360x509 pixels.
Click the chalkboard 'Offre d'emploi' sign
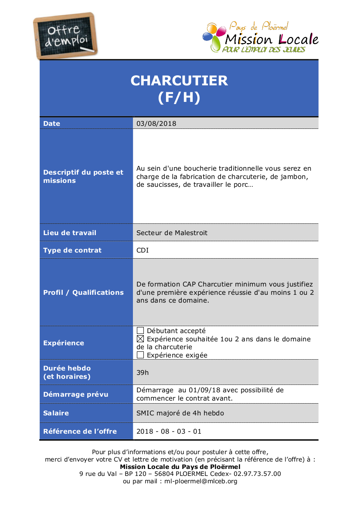tap(66, 36)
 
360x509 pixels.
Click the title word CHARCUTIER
tap(179, 81)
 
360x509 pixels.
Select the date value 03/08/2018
tap(156, 123)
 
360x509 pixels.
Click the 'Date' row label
tap(52, 123)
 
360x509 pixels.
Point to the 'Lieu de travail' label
tap(70, 233)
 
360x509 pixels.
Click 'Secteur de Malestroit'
tap(172, 233)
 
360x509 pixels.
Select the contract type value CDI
tap(143, 250)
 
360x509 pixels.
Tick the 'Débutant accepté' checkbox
tap(140, 331)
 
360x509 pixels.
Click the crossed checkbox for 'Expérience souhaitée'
tap(140, 339)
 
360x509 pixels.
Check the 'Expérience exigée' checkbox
tap(140, 355)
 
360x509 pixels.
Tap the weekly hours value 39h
tap(143, 372)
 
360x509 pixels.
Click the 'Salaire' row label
tap(56, 413)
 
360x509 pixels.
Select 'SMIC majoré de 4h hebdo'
tap(180, 413)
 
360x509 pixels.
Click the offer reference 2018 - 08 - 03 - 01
tap(169, 431)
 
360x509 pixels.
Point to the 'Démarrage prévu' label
tap(76, 394)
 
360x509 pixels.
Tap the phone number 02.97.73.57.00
tap(257, 474)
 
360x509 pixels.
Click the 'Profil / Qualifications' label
tap(83, 292)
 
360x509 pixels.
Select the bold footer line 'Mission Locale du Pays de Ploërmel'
tap(180, 466)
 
